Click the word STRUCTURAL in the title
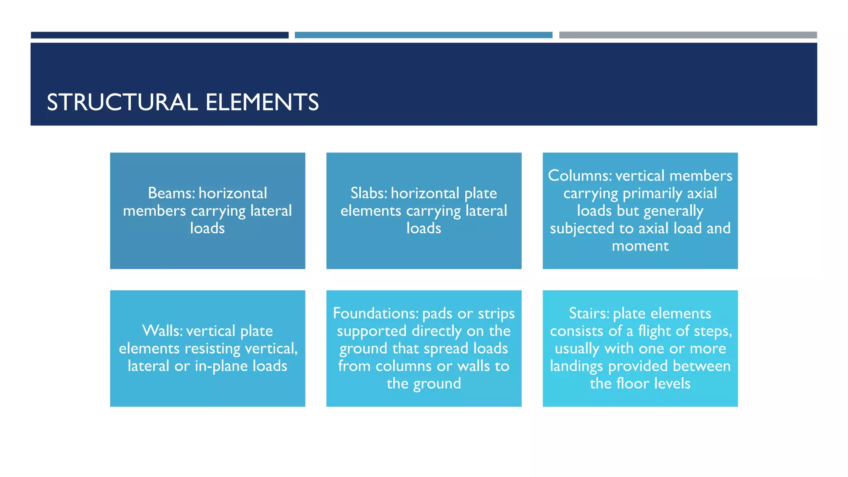click(x=122, y=102)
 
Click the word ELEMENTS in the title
click(x=262, y=102)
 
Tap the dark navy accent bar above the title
click(x=159, y=35)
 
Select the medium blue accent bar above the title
click(x=423, y=35)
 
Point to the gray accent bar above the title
click(x=688, y=35)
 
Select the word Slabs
click(x=369, y=193)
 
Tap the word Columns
click(x=579, y=176)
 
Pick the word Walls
click(x=162, y=331)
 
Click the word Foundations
click(x=376, y=313)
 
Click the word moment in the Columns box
click(x=640, y=246)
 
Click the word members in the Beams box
click(x=154, y=211)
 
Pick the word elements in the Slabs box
click(x=371, y=211)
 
